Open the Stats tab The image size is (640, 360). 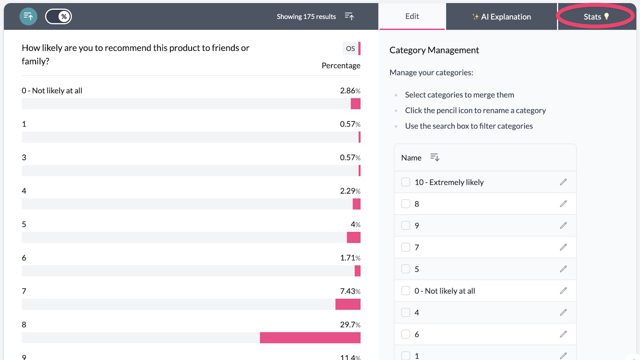click(x=596, y=17)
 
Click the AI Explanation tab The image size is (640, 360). click(x=502, y=17)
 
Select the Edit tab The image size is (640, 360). click(x=412, y=16)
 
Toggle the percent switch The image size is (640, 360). click(x=58, y=16)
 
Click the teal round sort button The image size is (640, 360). click(x=28, y=16)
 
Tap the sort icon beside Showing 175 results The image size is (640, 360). click(x=349, y=16)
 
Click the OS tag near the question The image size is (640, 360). click(x=350, y=48)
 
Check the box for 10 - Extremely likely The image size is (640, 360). click(x=406, y=182)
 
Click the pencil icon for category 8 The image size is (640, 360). click(x=563, y=204)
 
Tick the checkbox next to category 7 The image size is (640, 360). click(x=406, y=247)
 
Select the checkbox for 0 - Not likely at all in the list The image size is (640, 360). click(x=406, y=291)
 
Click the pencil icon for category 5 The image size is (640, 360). click(x=563, y=269)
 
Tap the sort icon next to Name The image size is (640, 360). click(x=435, y=158)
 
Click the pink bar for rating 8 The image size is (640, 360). click(x=310, y=338)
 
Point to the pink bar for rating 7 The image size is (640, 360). click(x=348, y=304)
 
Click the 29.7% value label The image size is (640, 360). click(x=350, y=325)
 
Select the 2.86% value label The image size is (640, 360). click(x=350, y=91)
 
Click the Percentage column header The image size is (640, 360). click(x=341, y=66)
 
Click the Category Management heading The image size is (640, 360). click(x=434, y=50)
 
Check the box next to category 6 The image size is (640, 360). click(x=406, y=334)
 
